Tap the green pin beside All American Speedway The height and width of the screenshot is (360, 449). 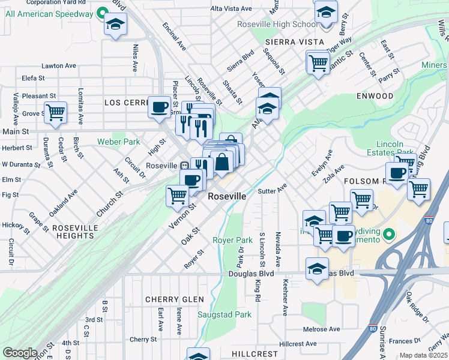(x=102, y=13)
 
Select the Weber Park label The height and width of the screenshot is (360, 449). (x=118, y=142)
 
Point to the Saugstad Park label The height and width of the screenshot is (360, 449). (x=224, y=314)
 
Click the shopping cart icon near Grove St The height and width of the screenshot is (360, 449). (x=55, y=112)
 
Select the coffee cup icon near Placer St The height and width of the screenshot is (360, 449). (x=159, y=107)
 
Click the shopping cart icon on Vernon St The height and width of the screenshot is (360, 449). (x=177, y=195)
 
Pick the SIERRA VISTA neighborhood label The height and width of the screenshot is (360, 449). (x=294, y=42)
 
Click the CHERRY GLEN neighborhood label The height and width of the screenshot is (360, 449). (x=174, y=299)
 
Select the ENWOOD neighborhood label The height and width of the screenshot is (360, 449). (x=375, y=96)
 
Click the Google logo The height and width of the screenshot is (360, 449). (x=20, y=353)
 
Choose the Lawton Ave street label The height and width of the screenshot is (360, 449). (x=59, y=66)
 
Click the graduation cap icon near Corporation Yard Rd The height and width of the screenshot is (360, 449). (x=115, y=25)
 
